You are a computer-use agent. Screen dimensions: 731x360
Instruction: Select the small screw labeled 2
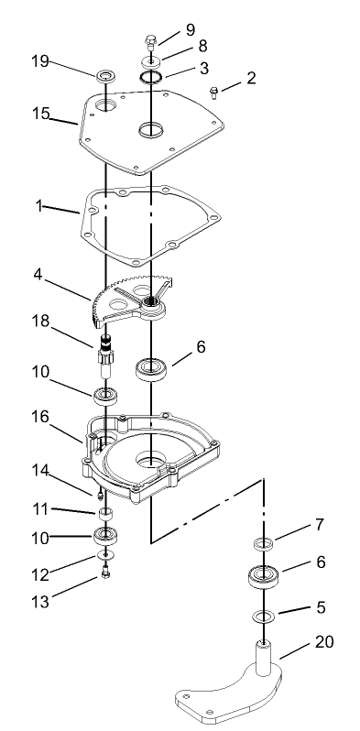[213, 91]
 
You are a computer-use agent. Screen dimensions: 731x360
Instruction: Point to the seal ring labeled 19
[106, 72]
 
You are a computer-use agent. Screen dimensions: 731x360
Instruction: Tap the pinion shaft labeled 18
[107, 354]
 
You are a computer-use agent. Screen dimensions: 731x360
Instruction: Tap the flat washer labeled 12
[106, 555]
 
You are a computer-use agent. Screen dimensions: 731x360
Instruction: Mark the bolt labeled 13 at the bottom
[107, 573]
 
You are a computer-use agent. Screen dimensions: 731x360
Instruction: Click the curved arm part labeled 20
[229, 696]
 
